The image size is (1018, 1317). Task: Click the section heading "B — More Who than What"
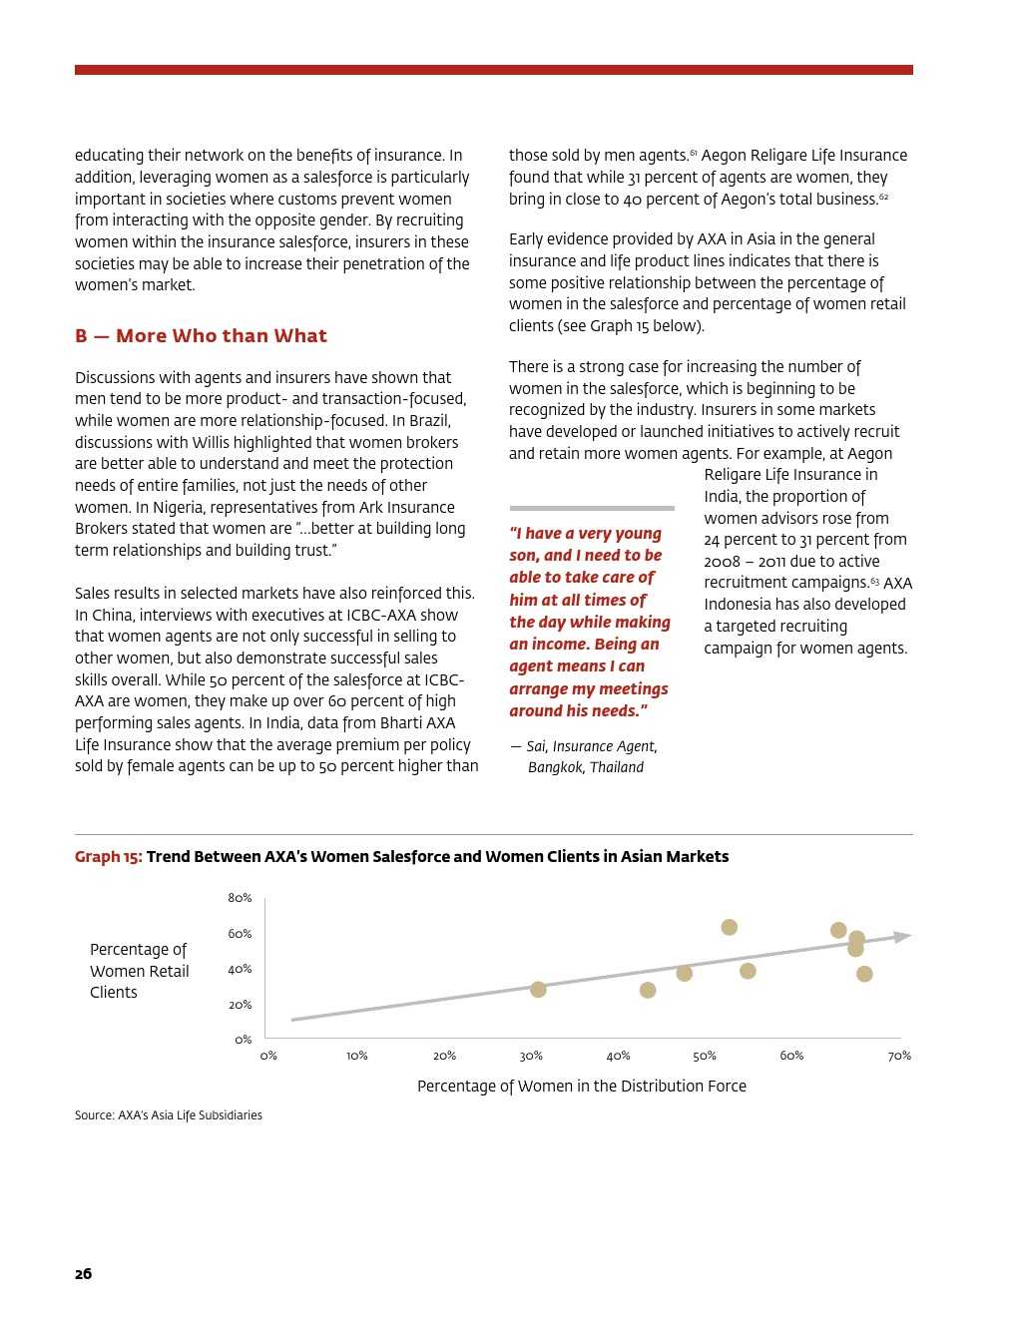click(201, 336)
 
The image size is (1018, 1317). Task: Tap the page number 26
click(83, 1274)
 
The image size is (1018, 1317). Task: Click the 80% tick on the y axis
click(240, 898)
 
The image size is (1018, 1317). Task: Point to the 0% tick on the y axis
click(243, 1040)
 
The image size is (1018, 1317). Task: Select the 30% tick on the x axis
click(531, 1056)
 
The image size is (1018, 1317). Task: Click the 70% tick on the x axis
click(899, 1056)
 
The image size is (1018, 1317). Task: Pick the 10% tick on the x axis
click(357, 1056)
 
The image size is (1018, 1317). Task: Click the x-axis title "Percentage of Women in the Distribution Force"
click(581, 1087)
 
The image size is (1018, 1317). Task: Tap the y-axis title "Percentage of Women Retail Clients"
click(139, 971)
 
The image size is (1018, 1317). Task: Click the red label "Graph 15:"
click(108, 857)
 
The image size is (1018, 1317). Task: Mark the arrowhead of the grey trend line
click(903, 937)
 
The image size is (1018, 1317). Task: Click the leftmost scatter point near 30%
click(538, 990)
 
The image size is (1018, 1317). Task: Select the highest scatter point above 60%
click(730, 928)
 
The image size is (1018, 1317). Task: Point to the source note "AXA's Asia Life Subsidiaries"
click(190, 1115)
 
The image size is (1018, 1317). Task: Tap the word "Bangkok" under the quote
click(555, 767)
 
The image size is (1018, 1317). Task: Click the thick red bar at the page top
click(493, 70)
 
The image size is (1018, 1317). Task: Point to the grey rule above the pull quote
click(592, 508)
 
